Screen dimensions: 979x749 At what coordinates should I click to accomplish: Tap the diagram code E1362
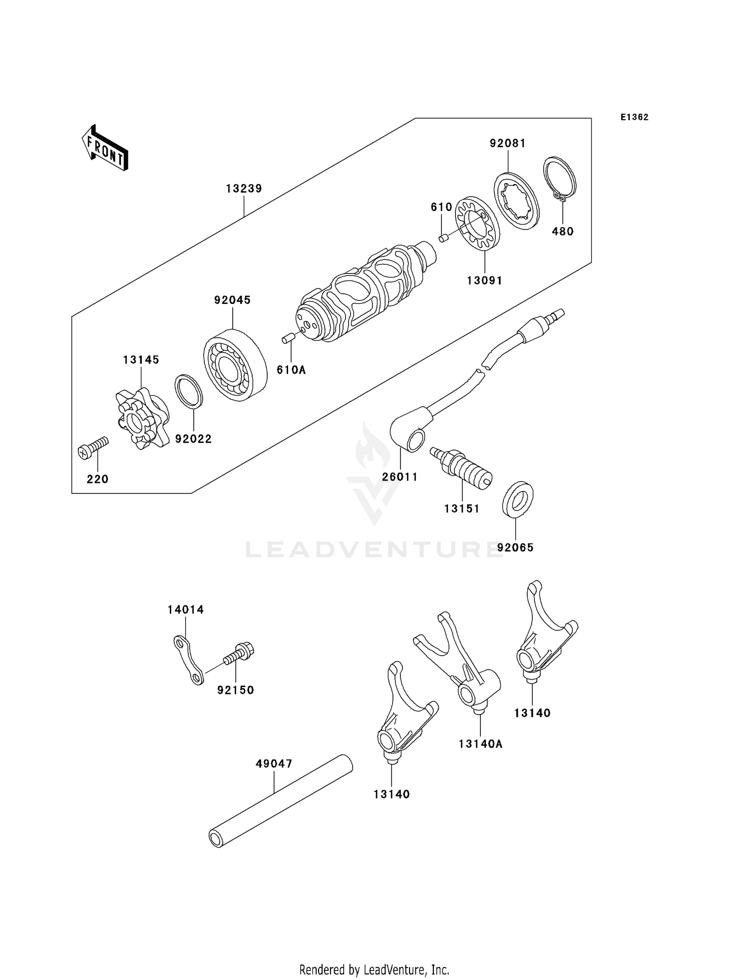pyautogui.click(x=634, y=117)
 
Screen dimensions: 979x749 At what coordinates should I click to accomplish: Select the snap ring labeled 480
pyautogui.click(x=560, y=179)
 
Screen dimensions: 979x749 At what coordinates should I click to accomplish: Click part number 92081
pyautogui.click(x=507, y=143)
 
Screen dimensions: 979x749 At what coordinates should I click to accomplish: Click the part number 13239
pyautogui.click(x=244, y=189)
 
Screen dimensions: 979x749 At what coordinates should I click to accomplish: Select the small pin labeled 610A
pyautogui.click(x=287, y=339)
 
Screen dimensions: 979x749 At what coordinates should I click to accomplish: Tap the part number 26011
pyautogui.click(x=399, y=477)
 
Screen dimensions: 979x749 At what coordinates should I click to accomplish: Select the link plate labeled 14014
pyautogui.click(x=188, y=660)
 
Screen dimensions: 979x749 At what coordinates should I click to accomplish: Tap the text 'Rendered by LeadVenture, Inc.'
pyautogui.click(x=374, y=970)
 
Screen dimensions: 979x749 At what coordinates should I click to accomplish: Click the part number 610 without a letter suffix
pyautogui.click(x=441, y=207)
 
